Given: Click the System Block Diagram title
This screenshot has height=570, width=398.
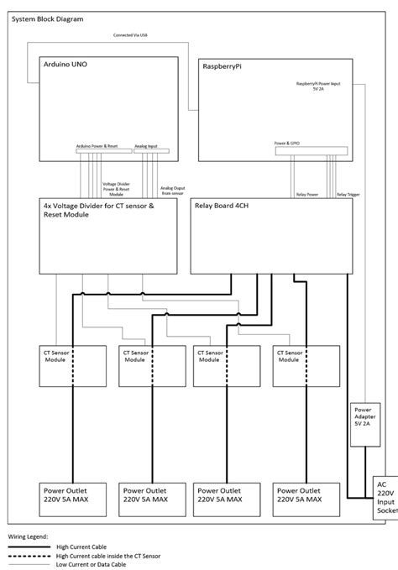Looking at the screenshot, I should tap(48, 18).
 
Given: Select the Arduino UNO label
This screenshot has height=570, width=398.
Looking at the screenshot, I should tap(65, 65).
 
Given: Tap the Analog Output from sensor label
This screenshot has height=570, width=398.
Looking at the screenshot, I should tap(175, 191).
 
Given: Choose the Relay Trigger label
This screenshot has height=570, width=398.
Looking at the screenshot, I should tap(347, 194).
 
